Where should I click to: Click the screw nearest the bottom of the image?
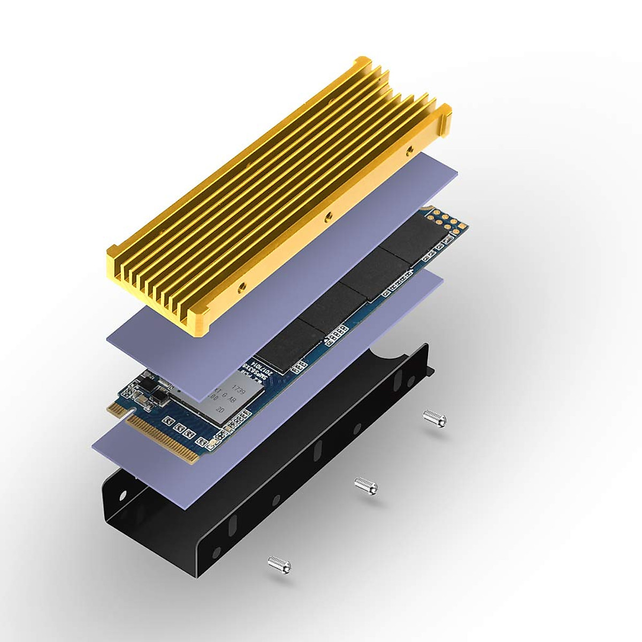pyautogui.click(x=279, y=562)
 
